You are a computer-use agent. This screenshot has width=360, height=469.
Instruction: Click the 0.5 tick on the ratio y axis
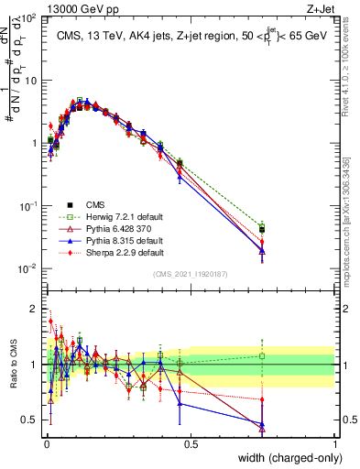pyautogui.click(x=30, y=420)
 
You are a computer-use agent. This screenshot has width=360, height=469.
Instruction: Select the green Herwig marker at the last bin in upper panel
pyautogui.click(x=262, y=226)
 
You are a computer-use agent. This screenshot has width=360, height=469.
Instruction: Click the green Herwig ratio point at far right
pyautogui.click(x=262, y=356)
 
